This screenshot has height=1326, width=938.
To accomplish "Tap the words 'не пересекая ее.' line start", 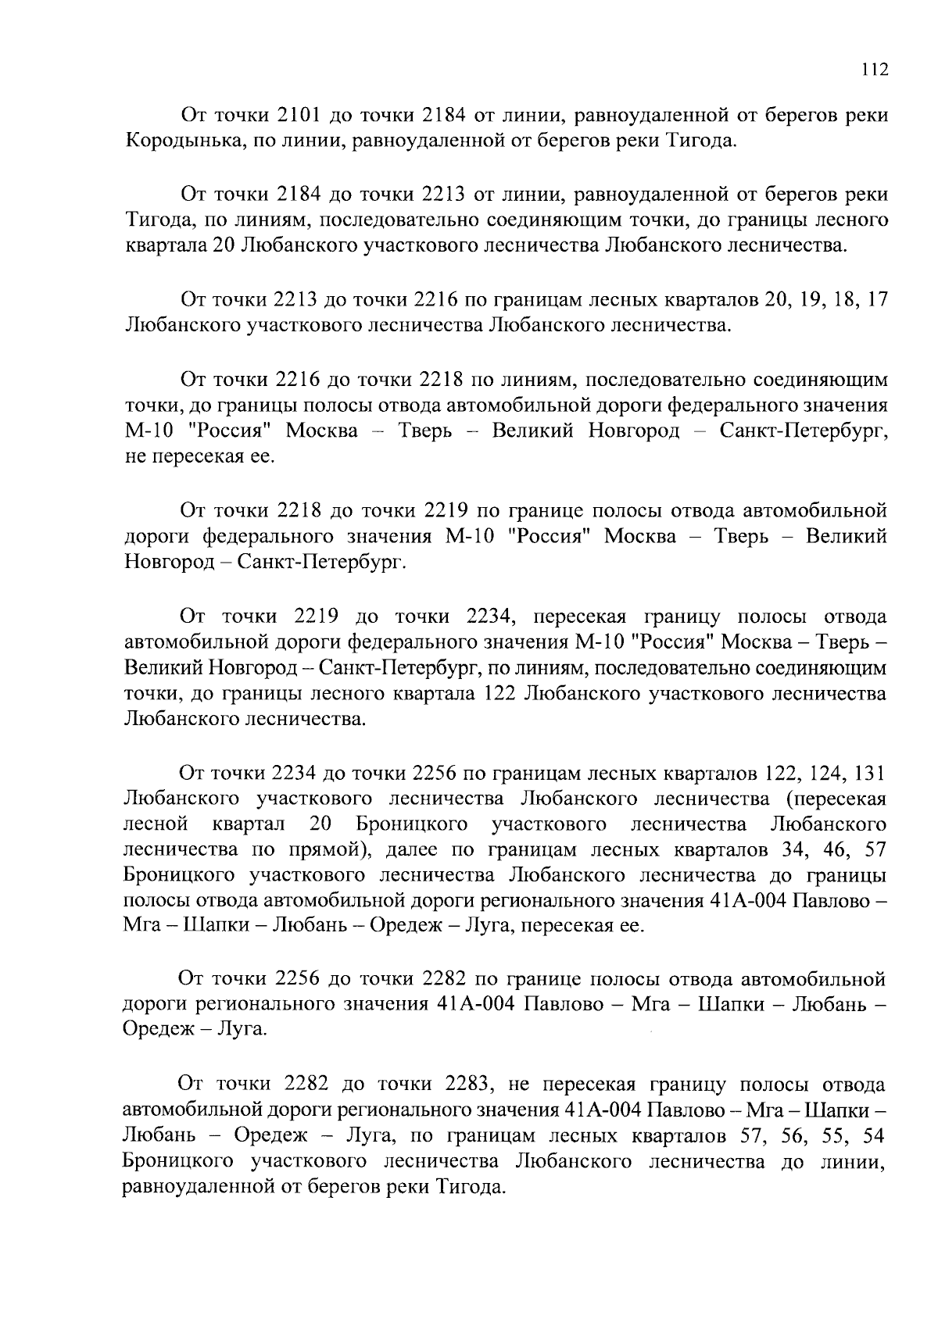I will click(201, 456).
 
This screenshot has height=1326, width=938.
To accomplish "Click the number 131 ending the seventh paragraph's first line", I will click(869, 774).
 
